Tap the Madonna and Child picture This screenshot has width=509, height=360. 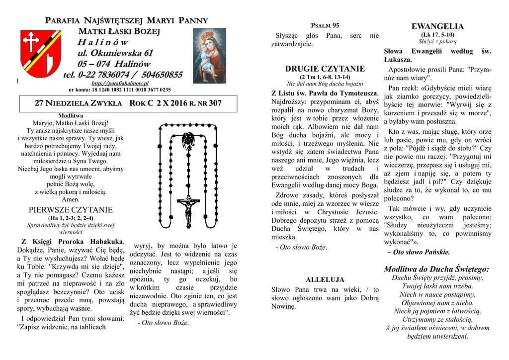point(210,55)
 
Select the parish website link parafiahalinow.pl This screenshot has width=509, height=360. point(120,84)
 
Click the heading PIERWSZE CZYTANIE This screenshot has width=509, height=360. point(71,209)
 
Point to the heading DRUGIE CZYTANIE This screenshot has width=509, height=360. point(325,69)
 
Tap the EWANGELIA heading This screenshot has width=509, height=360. point(437,26)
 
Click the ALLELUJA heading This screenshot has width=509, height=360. point(325,280)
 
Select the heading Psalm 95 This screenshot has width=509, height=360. point(325,25)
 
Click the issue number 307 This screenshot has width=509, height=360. point(215,103)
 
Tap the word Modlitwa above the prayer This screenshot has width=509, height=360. point(71,115)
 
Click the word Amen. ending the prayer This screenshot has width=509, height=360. point(71,199)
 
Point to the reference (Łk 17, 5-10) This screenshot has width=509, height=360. point(437,35)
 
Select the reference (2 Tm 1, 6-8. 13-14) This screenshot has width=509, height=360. point(325,77)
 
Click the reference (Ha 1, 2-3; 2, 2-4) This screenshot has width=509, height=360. point(71,218)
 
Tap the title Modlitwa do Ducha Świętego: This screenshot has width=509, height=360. point(437,269)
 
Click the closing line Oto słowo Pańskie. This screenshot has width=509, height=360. point(421,252)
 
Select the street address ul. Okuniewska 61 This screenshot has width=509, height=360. point(115,53)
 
